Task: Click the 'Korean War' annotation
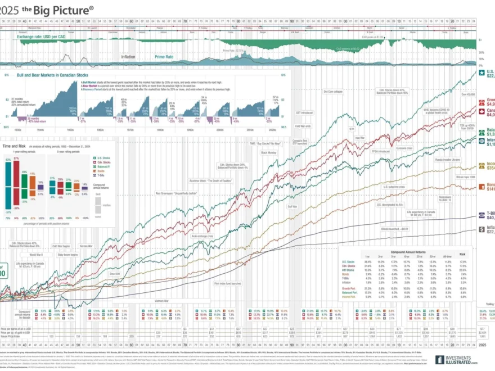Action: [86, 246]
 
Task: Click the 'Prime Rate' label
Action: [164, 57]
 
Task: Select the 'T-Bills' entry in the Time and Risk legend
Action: [101, 175]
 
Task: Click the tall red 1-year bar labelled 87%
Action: [16, 183]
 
